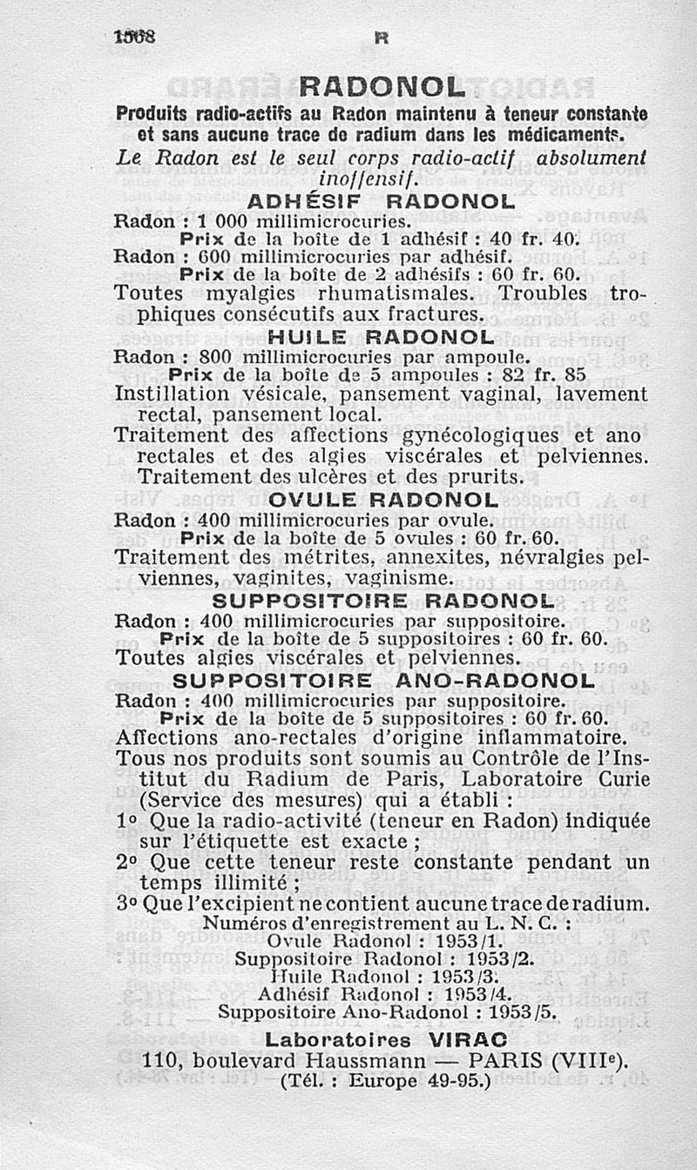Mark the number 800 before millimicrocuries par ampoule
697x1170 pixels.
click(218, 357)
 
